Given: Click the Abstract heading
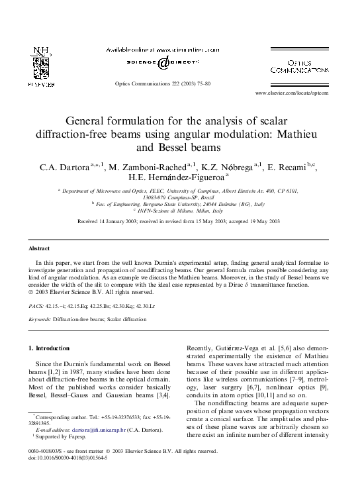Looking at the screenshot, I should (39, 248).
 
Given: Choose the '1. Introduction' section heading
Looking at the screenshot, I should (52, 348).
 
